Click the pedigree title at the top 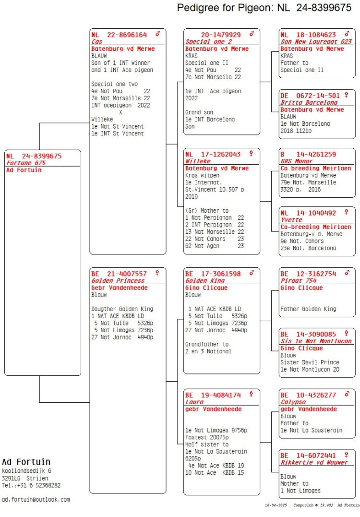[264, 8]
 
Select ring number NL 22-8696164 [119, 35]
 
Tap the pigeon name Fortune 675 [26, 163]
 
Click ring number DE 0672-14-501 [310, 96]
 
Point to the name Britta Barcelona [304, 103]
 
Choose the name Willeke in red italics [198, 161]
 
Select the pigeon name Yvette [291, 220]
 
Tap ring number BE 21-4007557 [119, 274]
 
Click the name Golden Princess [118, 281]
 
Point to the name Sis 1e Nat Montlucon [316, 341]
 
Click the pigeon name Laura [194, 402]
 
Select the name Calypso [293, 402]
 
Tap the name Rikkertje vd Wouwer [314, 463]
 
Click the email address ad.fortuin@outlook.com [36, 500]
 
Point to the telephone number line [31, 485]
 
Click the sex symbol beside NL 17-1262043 [251, 153]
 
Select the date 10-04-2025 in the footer [276, 505]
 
